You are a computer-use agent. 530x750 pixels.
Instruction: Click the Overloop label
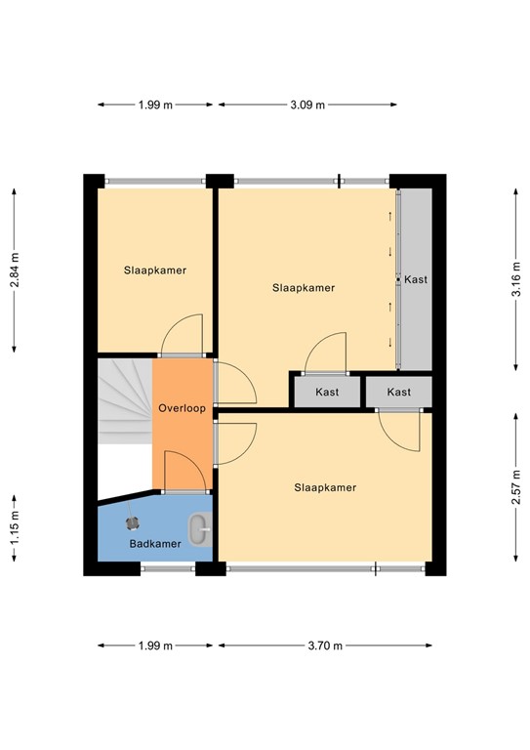[x=182, y=408]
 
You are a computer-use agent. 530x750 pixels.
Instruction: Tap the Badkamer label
[x=155, y=543]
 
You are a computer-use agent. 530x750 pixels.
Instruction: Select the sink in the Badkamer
[x=199, y=530]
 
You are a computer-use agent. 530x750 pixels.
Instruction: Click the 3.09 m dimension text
[x=307, y=104]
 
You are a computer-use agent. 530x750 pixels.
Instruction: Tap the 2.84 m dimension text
[x=15, y=271]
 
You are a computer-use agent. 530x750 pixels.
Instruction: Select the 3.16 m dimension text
[x=514, y=278]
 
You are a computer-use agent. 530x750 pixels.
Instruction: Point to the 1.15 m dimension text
[x=15, y=537]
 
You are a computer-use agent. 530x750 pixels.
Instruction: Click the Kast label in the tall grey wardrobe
[x=416, y=279]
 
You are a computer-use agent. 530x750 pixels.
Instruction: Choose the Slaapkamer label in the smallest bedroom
[x=155, y=270]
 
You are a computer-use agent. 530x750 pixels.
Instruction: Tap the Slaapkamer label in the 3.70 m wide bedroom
[x=325, y=487]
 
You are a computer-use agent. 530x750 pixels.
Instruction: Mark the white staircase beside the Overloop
[x=124, y=400]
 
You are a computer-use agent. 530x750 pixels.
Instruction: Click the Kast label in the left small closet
[x=326, y=392]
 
